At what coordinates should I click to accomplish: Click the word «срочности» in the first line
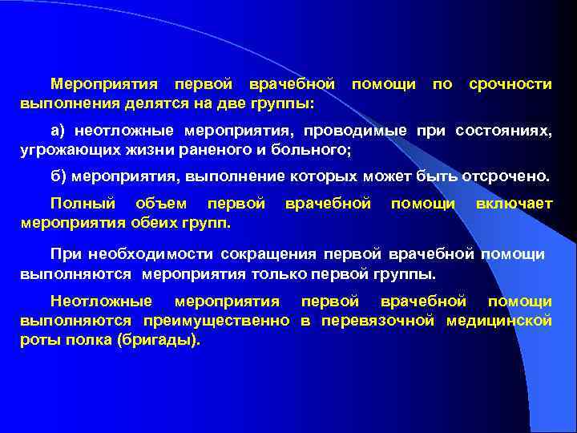tap(510, 84)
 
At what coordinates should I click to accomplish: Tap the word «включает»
tap(514, 204)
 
